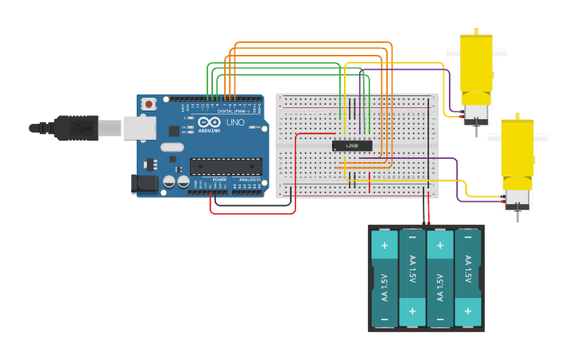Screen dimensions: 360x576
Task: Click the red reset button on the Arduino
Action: [x=149, y=104]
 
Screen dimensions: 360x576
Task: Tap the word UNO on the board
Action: [x=235, y=123]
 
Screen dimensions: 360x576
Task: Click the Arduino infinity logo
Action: [x=209, y=123]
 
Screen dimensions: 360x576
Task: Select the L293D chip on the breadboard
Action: [x=351, y=145]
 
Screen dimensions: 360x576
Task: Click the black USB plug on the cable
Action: [x=76, y=126]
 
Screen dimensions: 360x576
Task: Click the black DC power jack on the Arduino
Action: [x=145, y=184]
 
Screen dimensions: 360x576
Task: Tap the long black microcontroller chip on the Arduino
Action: [x=226, y=166]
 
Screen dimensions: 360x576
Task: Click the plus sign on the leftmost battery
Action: [x=385, y=245]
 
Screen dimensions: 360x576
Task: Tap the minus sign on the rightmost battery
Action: [x=468, y=319]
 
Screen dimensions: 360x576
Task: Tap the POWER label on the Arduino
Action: [x=218, y=180]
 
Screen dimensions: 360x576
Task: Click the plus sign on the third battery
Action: [x=440, y=245]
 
